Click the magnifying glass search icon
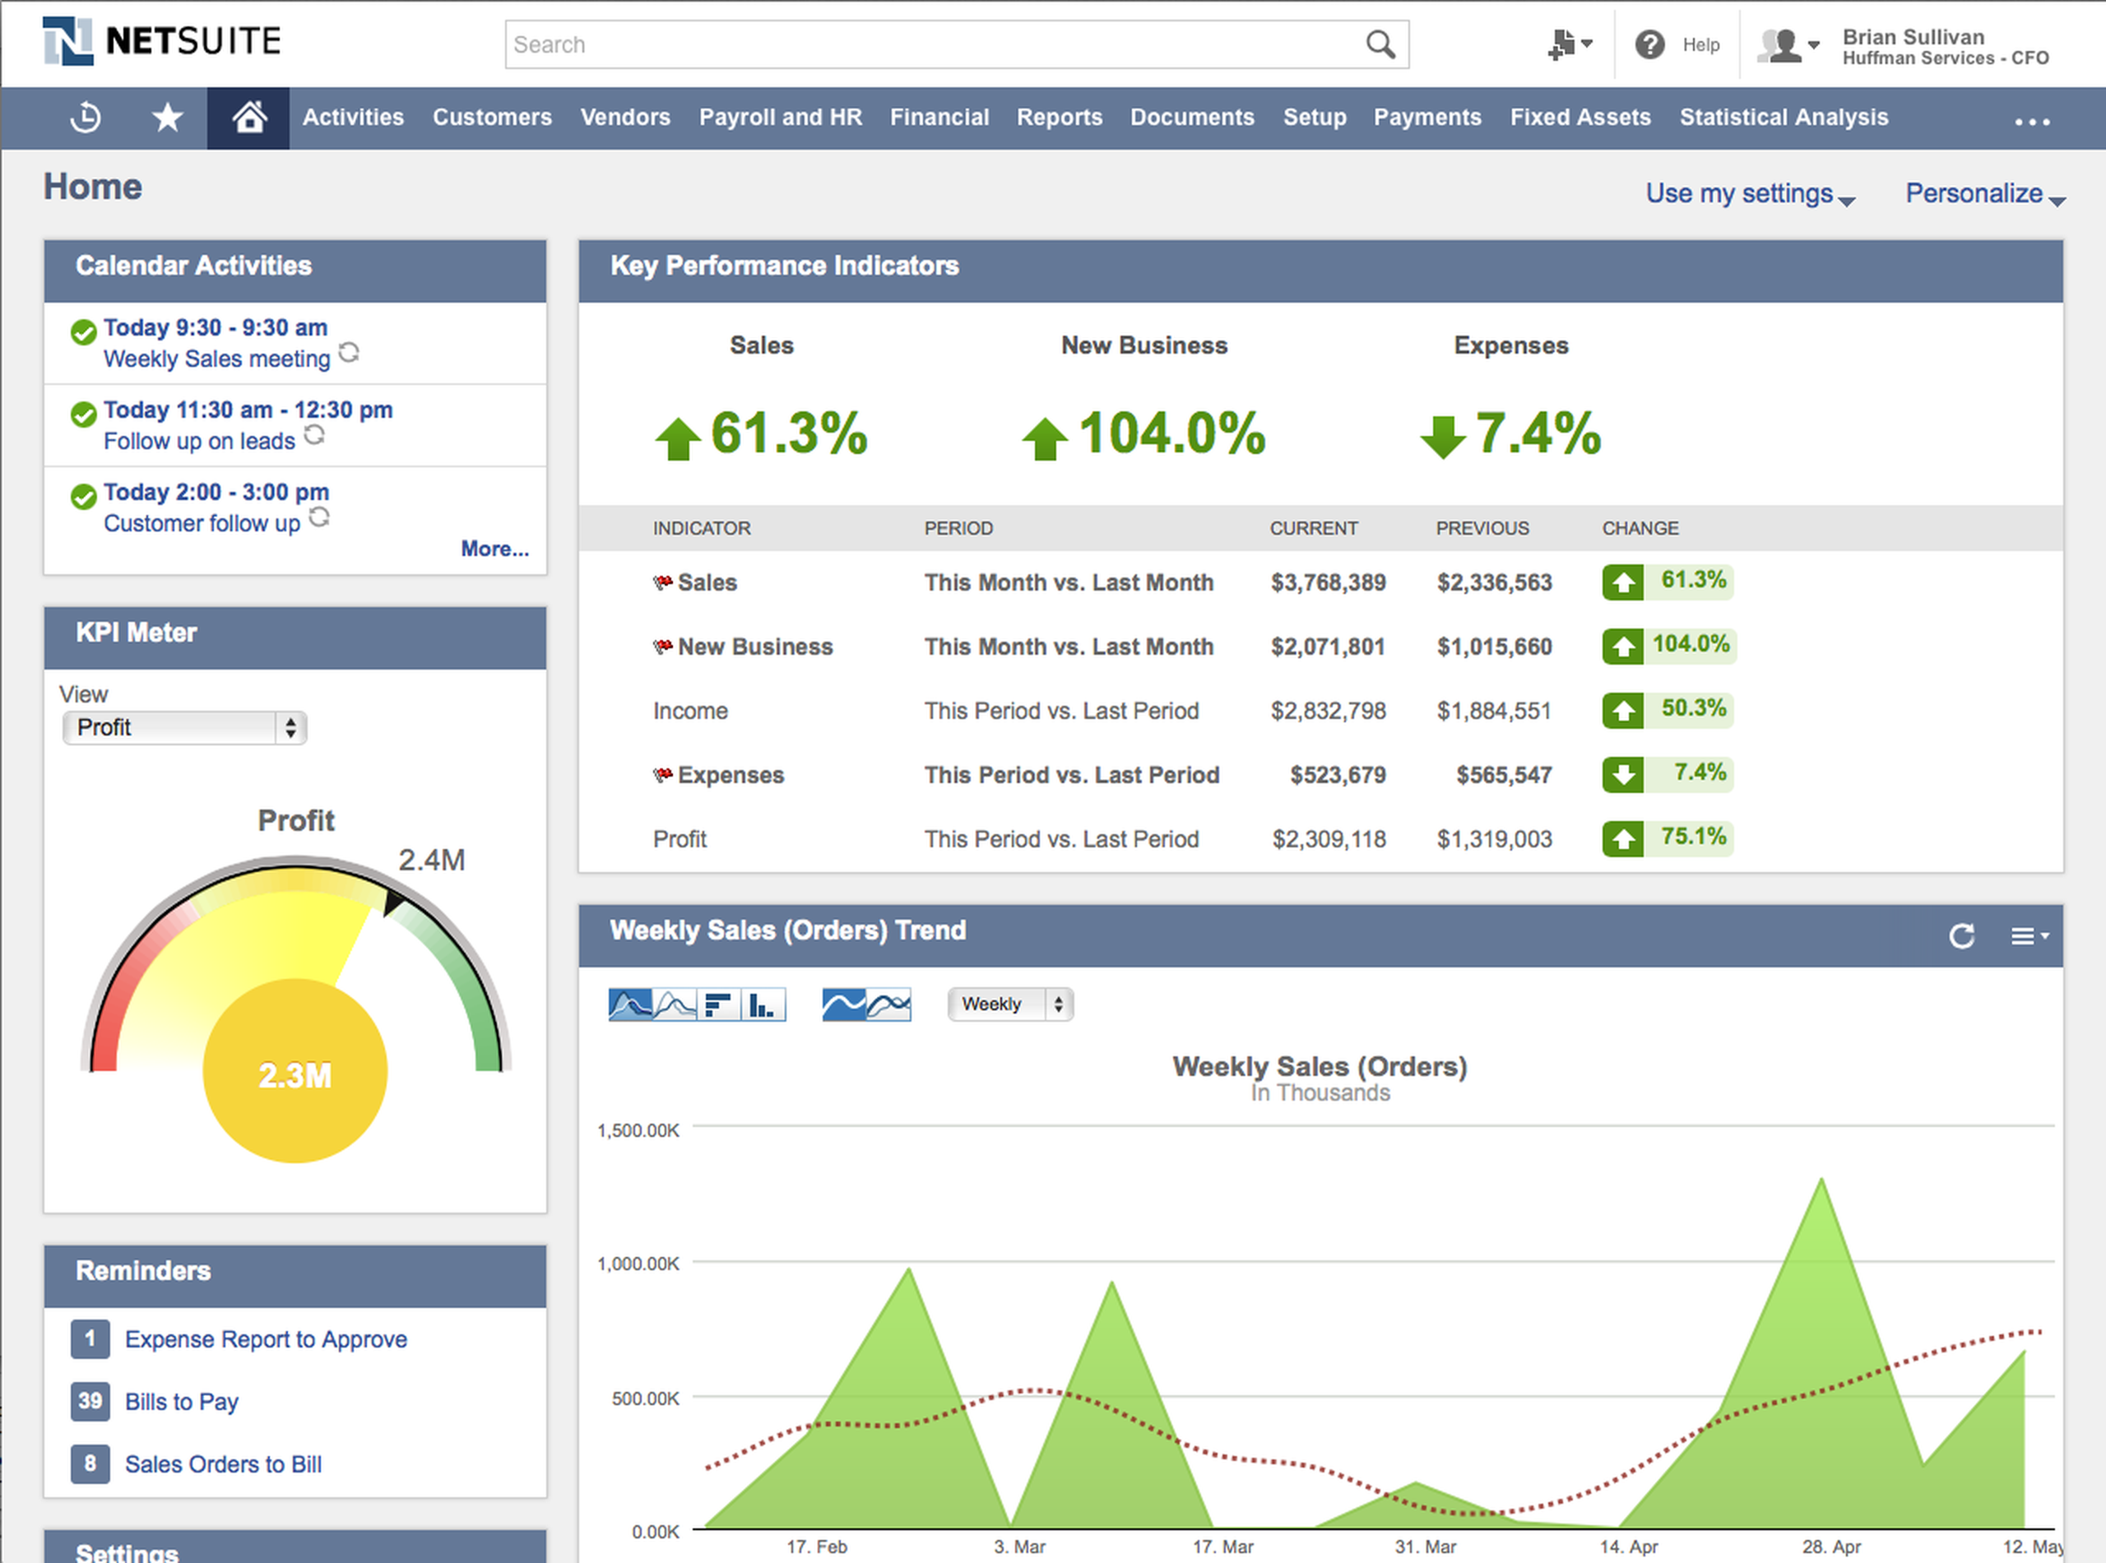[x=1380, y=44]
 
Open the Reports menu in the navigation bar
[x=1059, y=118]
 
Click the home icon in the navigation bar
[x=248, y=118]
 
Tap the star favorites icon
[x=168, y=118]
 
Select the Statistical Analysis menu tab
[x=1783, y=118]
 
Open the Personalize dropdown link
[x=1983, y=194]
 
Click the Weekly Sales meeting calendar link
[x=216, y=359]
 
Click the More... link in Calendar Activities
[x=494, y=549]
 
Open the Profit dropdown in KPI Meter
[x=184, y=727]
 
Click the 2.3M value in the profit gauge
[x=295, y=1076]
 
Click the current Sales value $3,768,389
[x=1328, y=582]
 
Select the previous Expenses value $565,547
[x=1503, y=776]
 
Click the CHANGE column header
[x=1640, y=528]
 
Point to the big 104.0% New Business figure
[x=1171, y=434]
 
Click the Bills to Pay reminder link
[x=182, y=1401]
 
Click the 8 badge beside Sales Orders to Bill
[x=90, y=1463]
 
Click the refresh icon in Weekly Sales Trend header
[x=1961, y=935]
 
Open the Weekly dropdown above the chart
[x=1009, y=1004]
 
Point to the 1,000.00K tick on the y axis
[x=638, y=1264]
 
